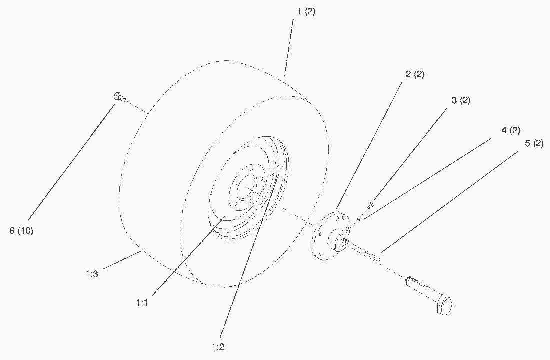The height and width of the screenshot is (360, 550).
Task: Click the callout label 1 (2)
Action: (306, 11)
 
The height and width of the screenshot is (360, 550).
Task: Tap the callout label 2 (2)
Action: (415, 74)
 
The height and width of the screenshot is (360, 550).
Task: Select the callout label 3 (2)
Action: (461, 100)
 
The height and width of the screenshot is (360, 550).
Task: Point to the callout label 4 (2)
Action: (511, 130)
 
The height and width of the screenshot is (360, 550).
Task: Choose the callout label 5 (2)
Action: (534, 143)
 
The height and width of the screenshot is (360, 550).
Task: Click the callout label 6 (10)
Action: (21, 231)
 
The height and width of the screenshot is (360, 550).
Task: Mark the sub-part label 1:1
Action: (142, 302)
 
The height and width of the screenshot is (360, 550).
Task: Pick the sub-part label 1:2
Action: (218, 347)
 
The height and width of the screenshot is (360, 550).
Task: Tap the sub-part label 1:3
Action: (92, 274)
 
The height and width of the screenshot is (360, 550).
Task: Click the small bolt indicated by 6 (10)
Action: (119, 97)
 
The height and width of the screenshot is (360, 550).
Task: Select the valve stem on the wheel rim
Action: (276, 171)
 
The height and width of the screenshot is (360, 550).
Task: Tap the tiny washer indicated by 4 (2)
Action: (359, 219)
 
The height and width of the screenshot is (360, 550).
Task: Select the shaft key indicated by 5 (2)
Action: (372, 255)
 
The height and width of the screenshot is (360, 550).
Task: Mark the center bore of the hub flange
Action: (344, 241)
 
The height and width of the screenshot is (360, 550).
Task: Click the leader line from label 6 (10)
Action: (71, 162)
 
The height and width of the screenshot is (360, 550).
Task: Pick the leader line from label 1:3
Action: (122, 259)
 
